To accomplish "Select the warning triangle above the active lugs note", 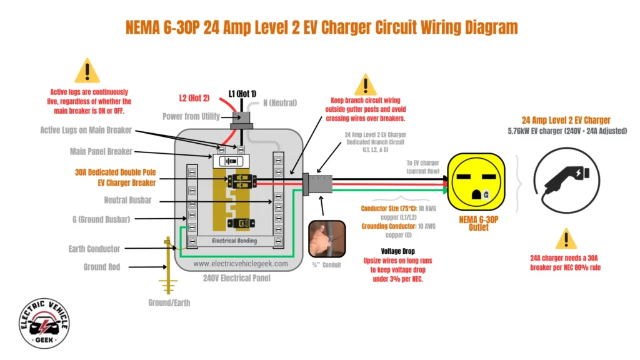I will pos(87,71).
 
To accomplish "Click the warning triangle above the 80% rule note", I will pos(566,239).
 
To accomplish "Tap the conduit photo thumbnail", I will pos(327,239).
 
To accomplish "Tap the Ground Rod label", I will pos(102,267).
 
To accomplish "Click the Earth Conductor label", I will pos(94,249).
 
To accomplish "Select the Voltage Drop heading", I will pos(381,251).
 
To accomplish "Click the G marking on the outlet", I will pos(485,195).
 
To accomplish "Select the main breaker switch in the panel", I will pos(231,161).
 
